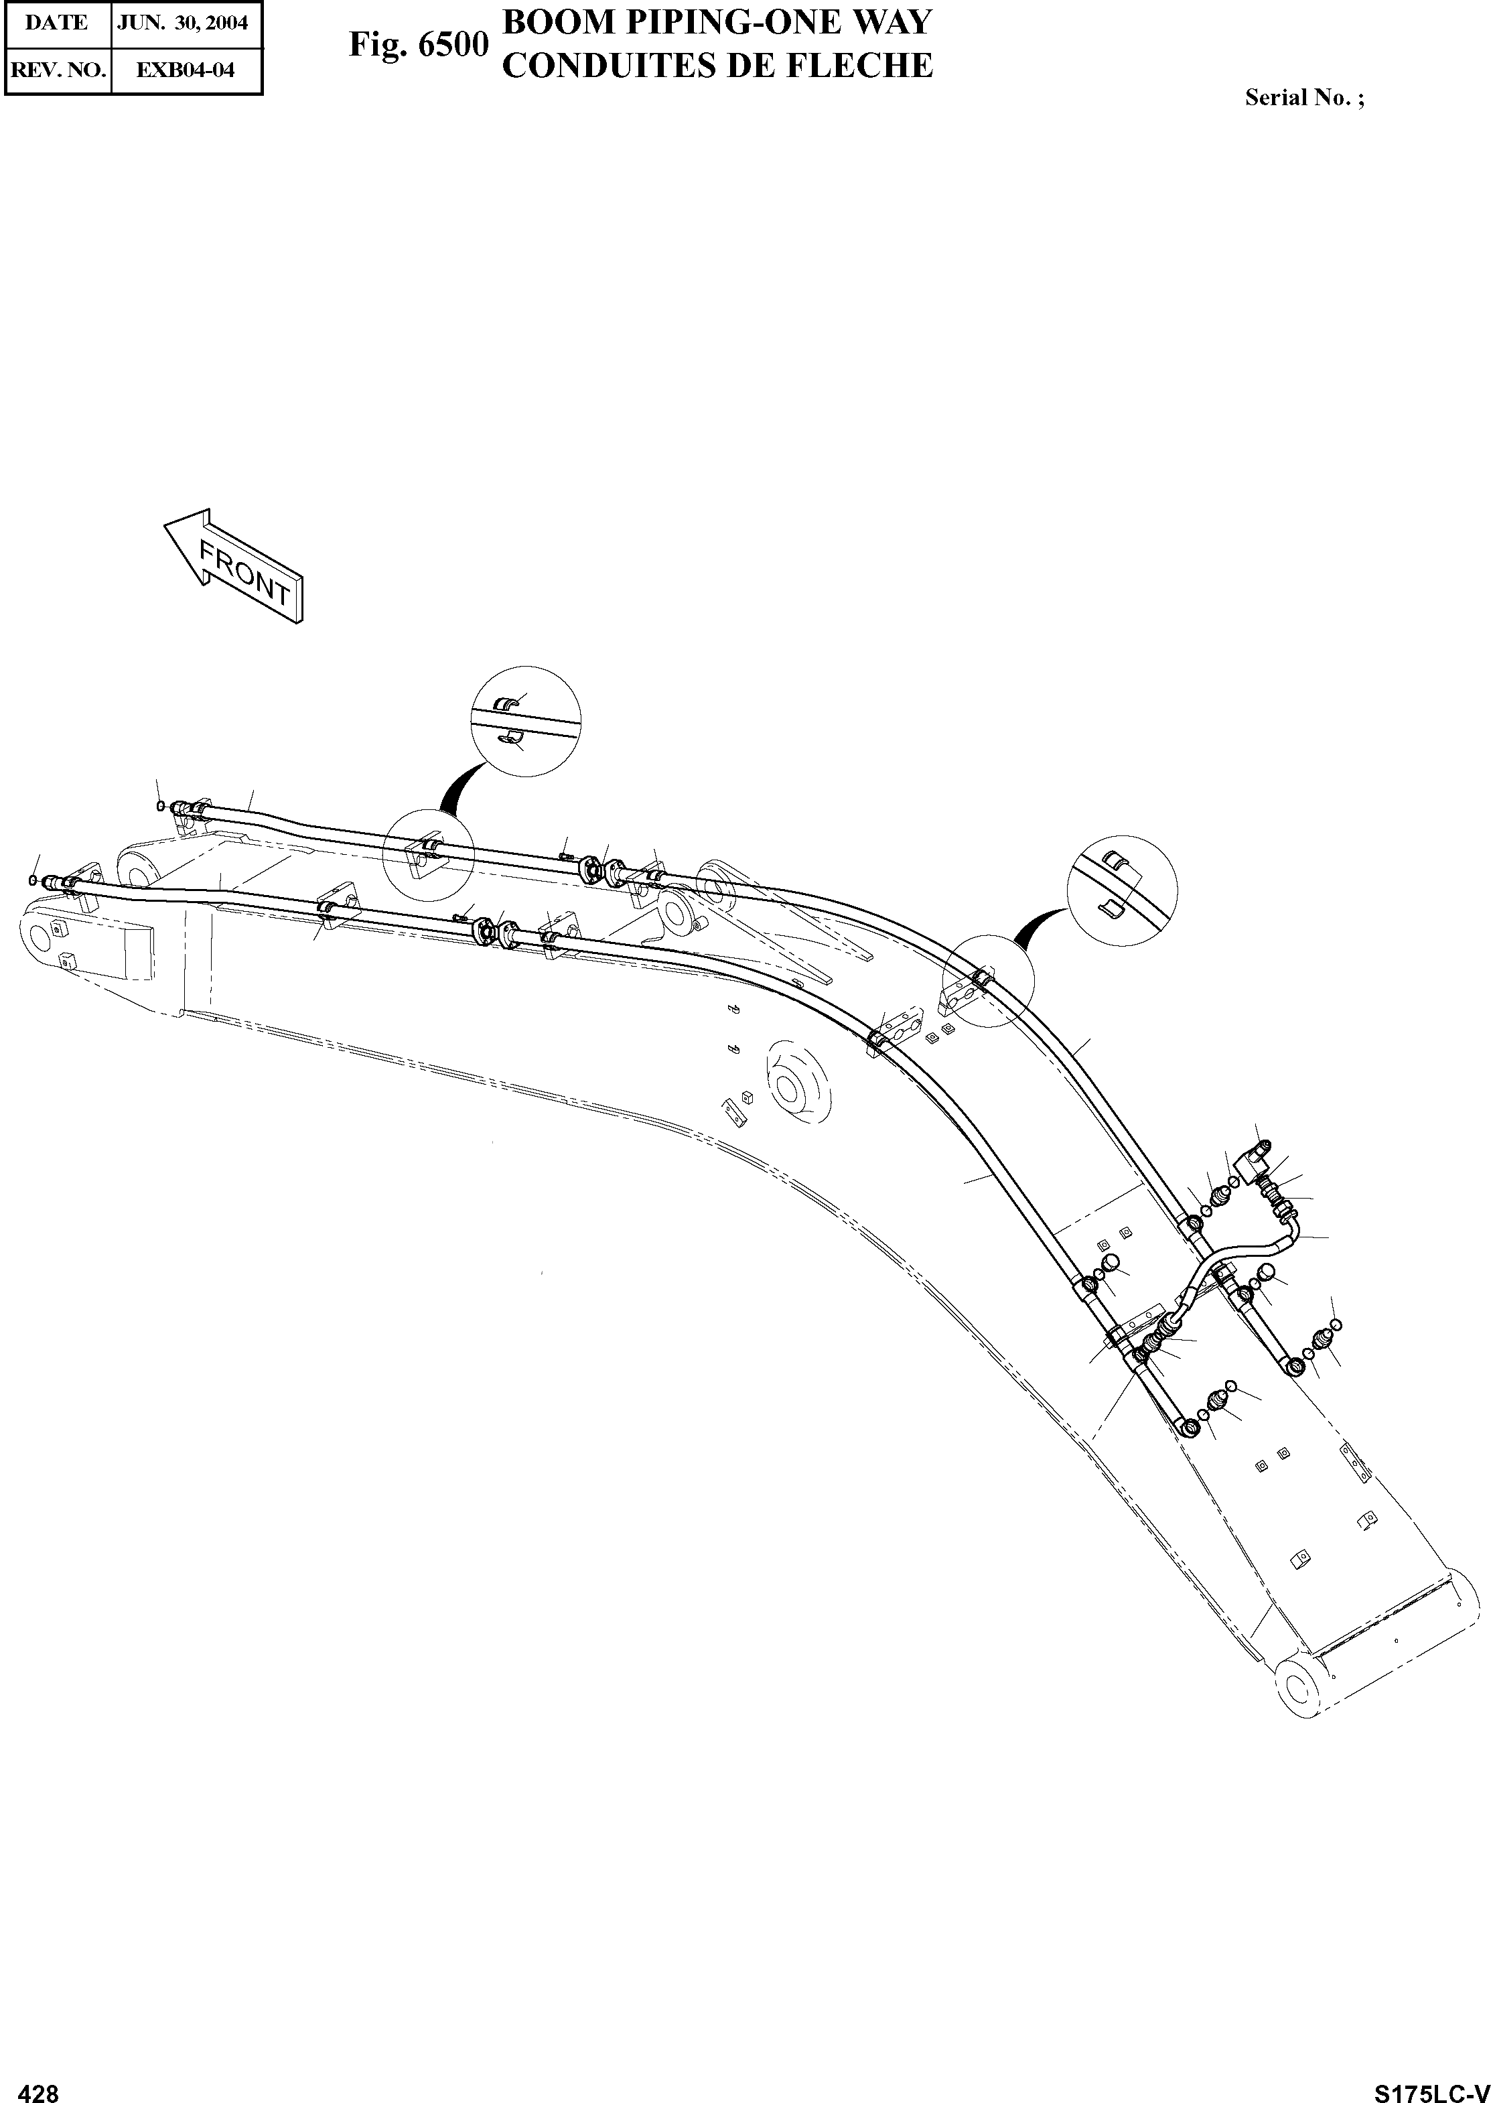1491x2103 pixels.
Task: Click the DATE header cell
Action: [57, 23]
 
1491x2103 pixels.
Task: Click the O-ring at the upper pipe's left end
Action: [161, 807]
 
